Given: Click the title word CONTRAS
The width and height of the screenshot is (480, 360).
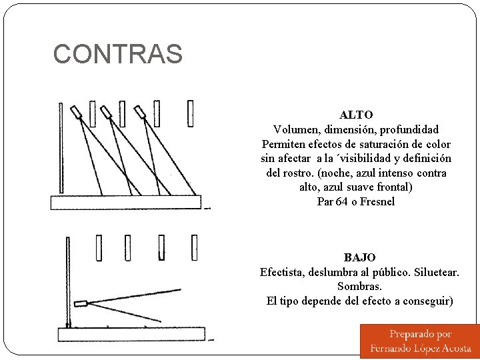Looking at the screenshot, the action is click(x=117, y=54).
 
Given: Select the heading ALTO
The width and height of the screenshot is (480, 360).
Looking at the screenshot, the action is click(x=356, y=115).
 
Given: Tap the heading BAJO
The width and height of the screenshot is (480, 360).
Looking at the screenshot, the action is click(x=359, y=257).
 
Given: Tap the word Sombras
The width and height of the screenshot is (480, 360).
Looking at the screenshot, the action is click(x=359, y=286).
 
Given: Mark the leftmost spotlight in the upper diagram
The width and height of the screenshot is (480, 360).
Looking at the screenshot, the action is click(x=77, y=113).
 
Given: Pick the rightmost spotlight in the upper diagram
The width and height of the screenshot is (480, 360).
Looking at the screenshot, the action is click(x=141, y=112).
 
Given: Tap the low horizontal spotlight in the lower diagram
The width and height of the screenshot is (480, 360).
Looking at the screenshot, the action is click(x=81, y=303).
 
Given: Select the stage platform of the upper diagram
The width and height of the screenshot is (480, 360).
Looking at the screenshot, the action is click(x=126, y=202).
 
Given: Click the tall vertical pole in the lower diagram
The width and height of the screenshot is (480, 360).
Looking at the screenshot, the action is click(x=67, y=280).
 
